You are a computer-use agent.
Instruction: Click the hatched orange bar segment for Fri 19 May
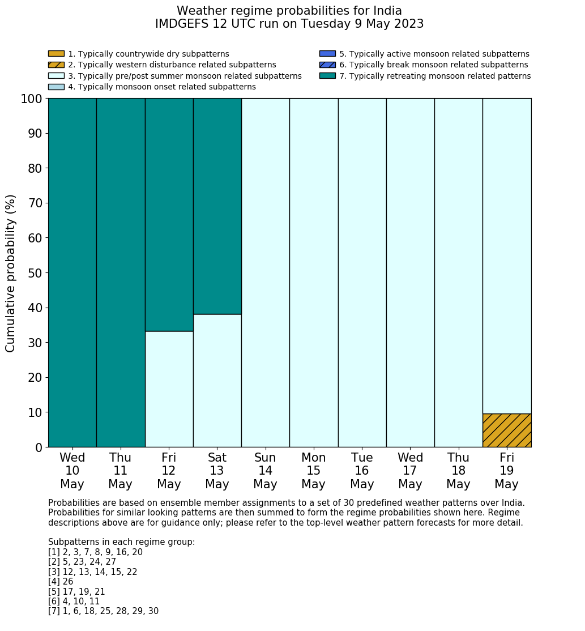pos(506,430)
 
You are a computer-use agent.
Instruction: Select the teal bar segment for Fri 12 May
pos(169,215)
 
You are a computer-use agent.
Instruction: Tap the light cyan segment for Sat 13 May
pos(217,380)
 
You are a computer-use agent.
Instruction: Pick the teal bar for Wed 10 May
pos(72,272)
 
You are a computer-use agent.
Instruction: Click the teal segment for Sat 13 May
pos(217,206)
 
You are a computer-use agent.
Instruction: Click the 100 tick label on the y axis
pos(31,99)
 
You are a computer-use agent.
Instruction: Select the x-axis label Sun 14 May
pos(265,471)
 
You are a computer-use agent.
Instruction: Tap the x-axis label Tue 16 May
pos(362,471)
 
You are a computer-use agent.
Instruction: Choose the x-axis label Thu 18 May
pos(458,471)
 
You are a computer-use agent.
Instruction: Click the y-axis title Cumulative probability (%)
pos(11,273)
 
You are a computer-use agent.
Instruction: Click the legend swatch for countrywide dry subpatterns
pos(56,54)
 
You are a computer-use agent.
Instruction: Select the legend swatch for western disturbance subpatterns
pos(56,65)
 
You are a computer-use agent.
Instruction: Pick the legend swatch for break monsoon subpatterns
pos(327,65)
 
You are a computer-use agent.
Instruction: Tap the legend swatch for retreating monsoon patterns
pos(327,76)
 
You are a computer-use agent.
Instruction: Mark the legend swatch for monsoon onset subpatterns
pos(56,87)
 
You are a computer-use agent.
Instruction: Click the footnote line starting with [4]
pos(61,582)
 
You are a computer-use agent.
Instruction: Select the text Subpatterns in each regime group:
pos(121,542)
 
